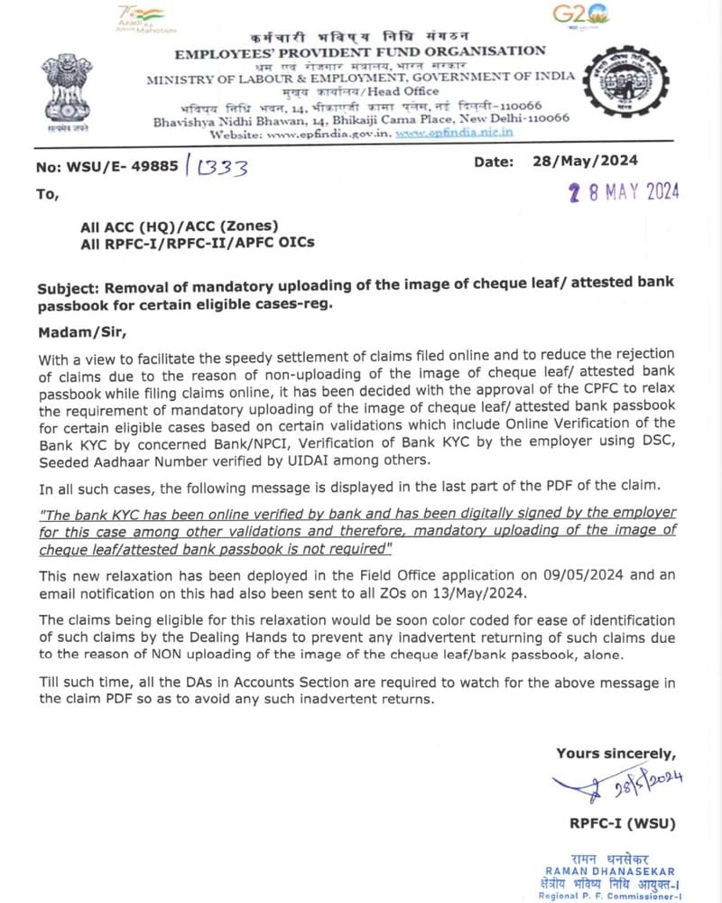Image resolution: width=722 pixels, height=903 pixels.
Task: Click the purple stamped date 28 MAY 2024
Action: [x=624, y=191]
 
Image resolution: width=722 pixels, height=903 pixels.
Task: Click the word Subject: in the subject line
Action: [x=69, y=288]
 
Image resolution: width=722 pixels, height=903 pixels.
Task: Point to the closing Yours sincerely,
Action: [x=615, y=753]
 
